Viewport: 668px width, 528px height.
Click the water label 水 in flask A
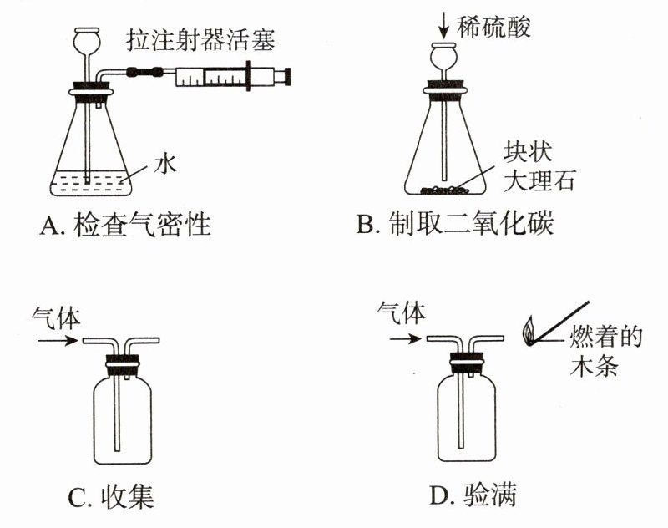(x=164, y=165)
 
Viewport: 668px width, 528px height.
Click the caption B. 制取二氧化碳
(x=454, y=225)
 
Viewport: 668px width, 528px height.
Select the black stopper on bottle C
(x=121, y=364)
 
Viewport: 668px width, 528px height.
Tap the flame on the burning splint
(x=529, y=332)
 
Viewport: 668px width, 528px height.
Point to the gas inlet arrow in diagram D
(x=400, y=339)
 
